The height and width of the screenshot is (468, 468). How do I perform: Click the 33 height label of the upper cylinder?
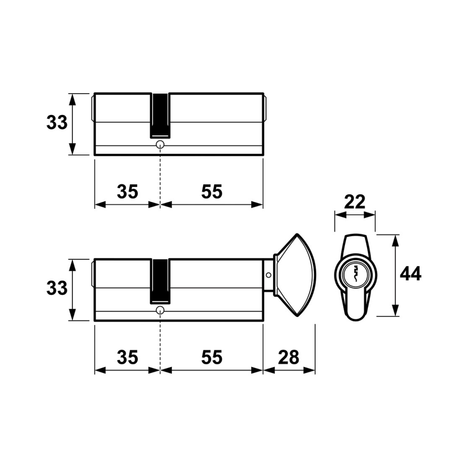pyautogui.click(x=57, y=123)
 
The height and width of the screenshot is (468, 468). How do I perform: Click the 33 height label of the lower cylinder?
pyautogui.click(x=57, y=289)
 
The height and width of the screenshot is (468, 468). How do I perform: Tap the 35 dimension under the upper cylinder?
pyautogui.click(x=127, y=192)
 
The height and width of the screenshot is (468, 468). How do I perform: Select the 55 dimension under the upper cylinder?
pyautogui.click(x=212, y=192)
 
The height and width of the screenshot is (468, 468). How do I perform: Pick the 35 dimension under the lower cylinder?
pyautogui.click(x=127, y=357)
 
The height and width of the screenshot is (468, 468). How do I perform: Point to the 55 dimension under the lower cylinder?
pyautogui.click(x=212, y=357)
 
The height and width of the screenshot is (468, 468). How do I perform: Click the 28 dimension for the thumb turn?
pyautogui.click(x=289, y=357)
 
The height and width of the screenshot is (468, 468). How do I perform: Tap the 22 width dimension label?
pyautogui.click(x=355, y=202)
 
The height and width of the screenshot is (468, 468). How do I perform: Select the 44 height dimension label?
pyautogui.click(x=411, y=273)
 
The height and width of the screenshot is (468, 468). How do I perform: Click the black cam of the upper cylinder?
pyautogui.click(x=160, y=116)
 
